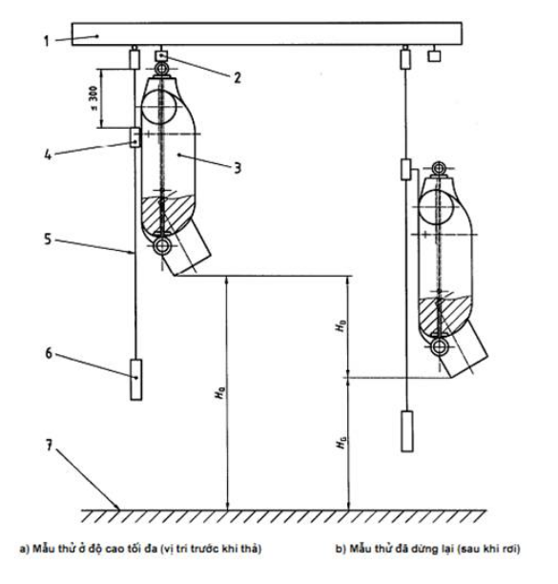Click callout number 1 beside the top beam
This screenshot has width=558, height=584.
(x=46, y=41)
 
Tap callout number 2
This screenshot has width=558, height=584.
(x=238, y=77)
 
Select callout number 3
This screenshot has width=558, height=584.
(x=238, y=168)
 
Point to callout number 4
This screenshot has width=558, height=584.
(x=48, y=155)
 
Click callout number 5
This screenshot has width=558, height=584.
(x=48, y=240)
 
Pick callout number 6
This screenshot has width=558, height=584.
(x=49, y=353)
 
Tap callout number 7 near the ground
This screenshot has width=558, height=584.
(x=49, y=445)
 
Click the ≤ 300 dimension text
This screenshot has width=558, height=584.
(x=93, y=98)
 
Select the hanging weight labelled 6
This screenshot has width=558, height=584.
(x=135, y=380)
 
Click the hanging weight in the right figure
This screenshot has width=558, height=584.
(x=407, y=431)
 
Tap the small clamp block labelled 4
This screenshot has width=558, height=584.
(x=134, y=137)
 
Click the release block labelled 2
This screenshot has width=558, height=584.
(x=161, y=56)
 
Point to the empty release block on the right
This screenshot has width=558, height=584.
(x=434, y=56)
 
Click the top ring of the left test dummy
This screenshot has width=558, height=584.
(x=162, y=69)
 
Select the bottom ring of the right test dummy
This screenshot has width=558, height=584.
(x=440, y=347)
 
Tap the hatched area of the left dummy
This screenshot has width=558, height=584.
(x=168, y=216)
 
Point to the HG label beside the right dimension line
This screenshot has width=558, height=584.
(x=341, y=443)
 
